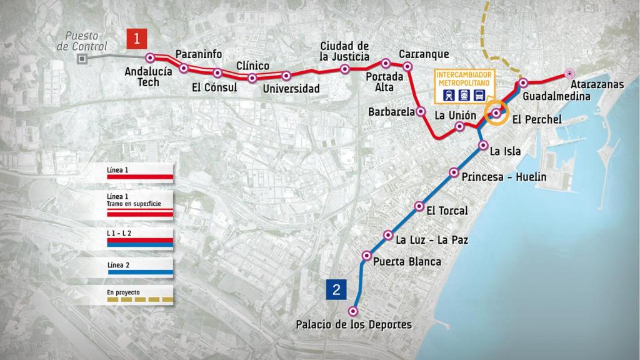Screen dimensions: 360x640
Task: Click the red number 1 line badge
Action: (137, 39)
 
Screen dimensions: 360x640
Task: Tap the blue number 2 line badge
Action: (336, 289)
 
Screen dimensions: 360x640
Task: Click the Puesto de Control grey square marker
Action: (81, 59)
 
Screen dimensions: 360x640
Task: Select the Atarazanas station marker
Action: (569, 73)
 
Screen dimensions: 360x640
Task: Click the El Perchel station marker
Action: (496, 113)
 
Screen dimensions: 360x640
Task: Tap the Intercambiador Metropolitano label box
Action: (462, 85)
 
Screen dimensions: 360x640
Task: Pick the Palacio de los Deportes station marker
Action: (353, 311)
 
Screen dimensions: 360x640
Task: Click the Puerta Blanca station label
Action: (407, 262)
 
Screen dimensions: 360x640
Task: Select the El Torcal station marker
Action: (419, 207)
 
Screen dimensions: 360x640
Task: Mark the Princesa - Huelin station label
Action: (504, 177)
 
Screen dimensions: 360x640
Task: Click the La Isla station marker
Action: (482, 145)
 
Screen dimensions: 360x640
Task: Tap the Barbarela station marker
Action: (421, 112)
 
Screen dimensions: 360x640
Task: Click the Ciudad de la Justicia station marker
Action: (345, 69)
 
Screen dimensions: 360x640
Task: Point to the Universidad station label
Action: (291, 89)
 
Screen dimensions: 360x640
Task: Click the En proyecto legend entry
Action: (139, 296)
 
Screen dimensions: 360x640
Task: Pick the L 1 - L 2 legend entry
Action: (139, 239)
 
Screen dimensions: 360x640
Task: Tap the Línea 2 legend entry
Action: (139, 269)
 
